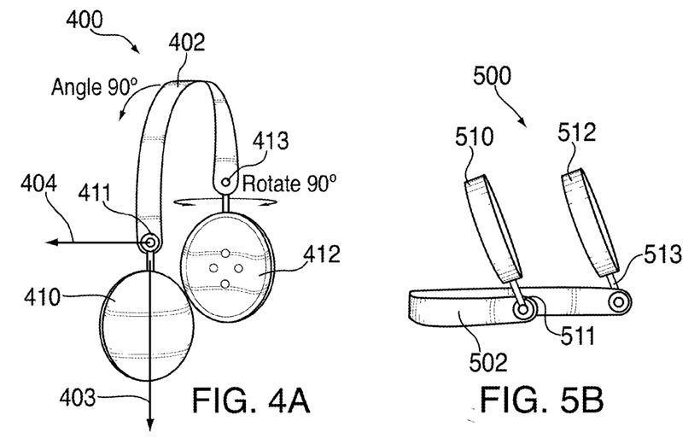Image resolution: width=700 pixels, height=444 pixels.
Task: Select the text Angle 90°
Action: (x=94, y=86)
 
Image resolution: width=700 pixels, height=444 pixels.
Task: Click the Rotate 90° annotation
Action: (x=291, y=182)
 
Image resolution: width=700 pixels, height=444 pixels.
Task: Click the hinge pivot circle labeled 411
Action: (x=150, y=243)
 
